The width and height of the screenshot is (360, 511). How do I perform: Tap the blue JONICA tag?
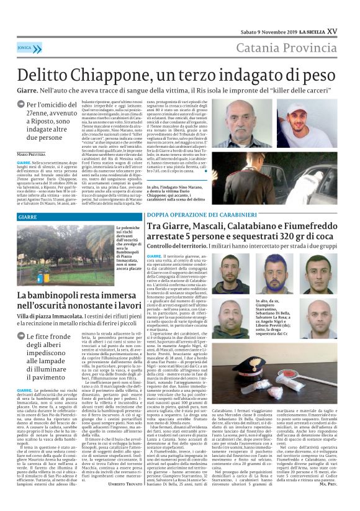25,47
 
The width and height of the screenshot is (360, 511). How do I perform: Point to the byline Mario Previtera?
31,153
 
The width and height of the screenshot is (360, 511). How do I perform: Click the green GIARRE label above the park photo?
27,218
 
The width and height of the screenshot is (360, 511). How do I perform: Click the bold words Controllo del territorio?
176,246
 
